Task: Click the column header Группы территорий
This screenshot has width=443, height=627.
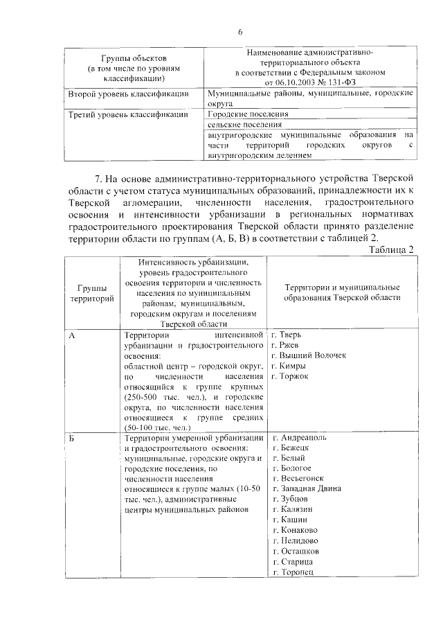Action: coord(88,292)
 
